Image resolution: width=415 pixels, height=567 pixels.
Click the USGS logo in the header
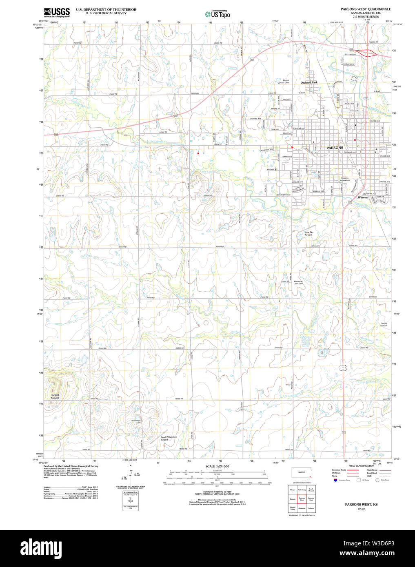pyautogui.click(x=57, y=12)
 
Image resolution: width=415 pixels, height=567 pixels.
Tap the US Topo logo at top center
pyautogui.click(x=217, y=14)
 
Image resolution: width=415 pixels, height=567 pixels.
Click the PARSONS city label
pyautogui.click(x=335, y=148)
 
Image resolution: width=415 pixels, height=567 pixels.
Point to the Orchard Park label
pyautogui.click(x=309, y=82)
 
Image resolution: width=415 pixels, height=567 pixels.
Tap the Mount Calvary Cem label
pyautogui.click(x=283, y=82)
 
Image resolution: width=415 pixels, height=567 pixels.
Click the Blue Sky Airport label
pyautogui.click(x=308, y=234)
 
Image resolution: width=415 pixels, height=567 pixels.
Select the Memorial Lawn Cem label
pyautogui.click(x=298, y=282)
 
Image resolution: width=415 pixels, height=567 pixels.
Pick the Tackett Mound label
pyautogui.click(x=55, y=396)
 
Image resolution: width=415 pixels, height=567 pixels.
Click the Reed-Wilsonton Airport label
pyautogui.click(x=169, y=438)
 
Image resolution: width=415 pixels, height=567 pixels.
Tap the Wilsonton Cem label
pyautogui.click(x=136, y=421)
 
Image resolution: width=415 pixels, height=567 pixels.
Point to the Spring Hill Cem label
pyautogui.click(x=384, y=325)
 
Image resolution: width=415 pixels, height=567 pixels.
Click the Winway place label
pyautogui.click(x=363, y=197)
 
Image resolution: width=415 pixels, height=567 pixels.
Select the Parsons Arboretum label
pyautogui.click(x=345, y=179)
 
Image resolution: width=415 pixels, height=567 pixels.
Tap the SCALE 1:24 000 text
pyautogui.click(x=217, y=466)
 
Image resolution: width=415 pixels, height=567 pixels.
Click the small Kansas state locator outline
pyautogui.click(x=302, y=473)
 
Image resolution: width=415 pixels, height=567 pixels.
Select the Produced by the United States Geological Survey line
pyautogui.click(x=71, y=466)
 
